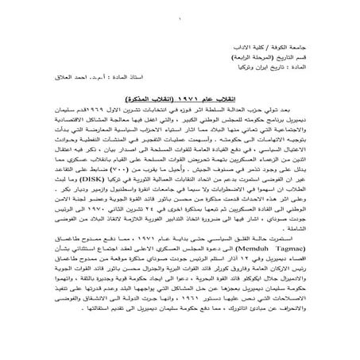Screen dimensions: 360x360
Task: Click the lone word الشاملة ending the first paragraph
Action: click(316, 234)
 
